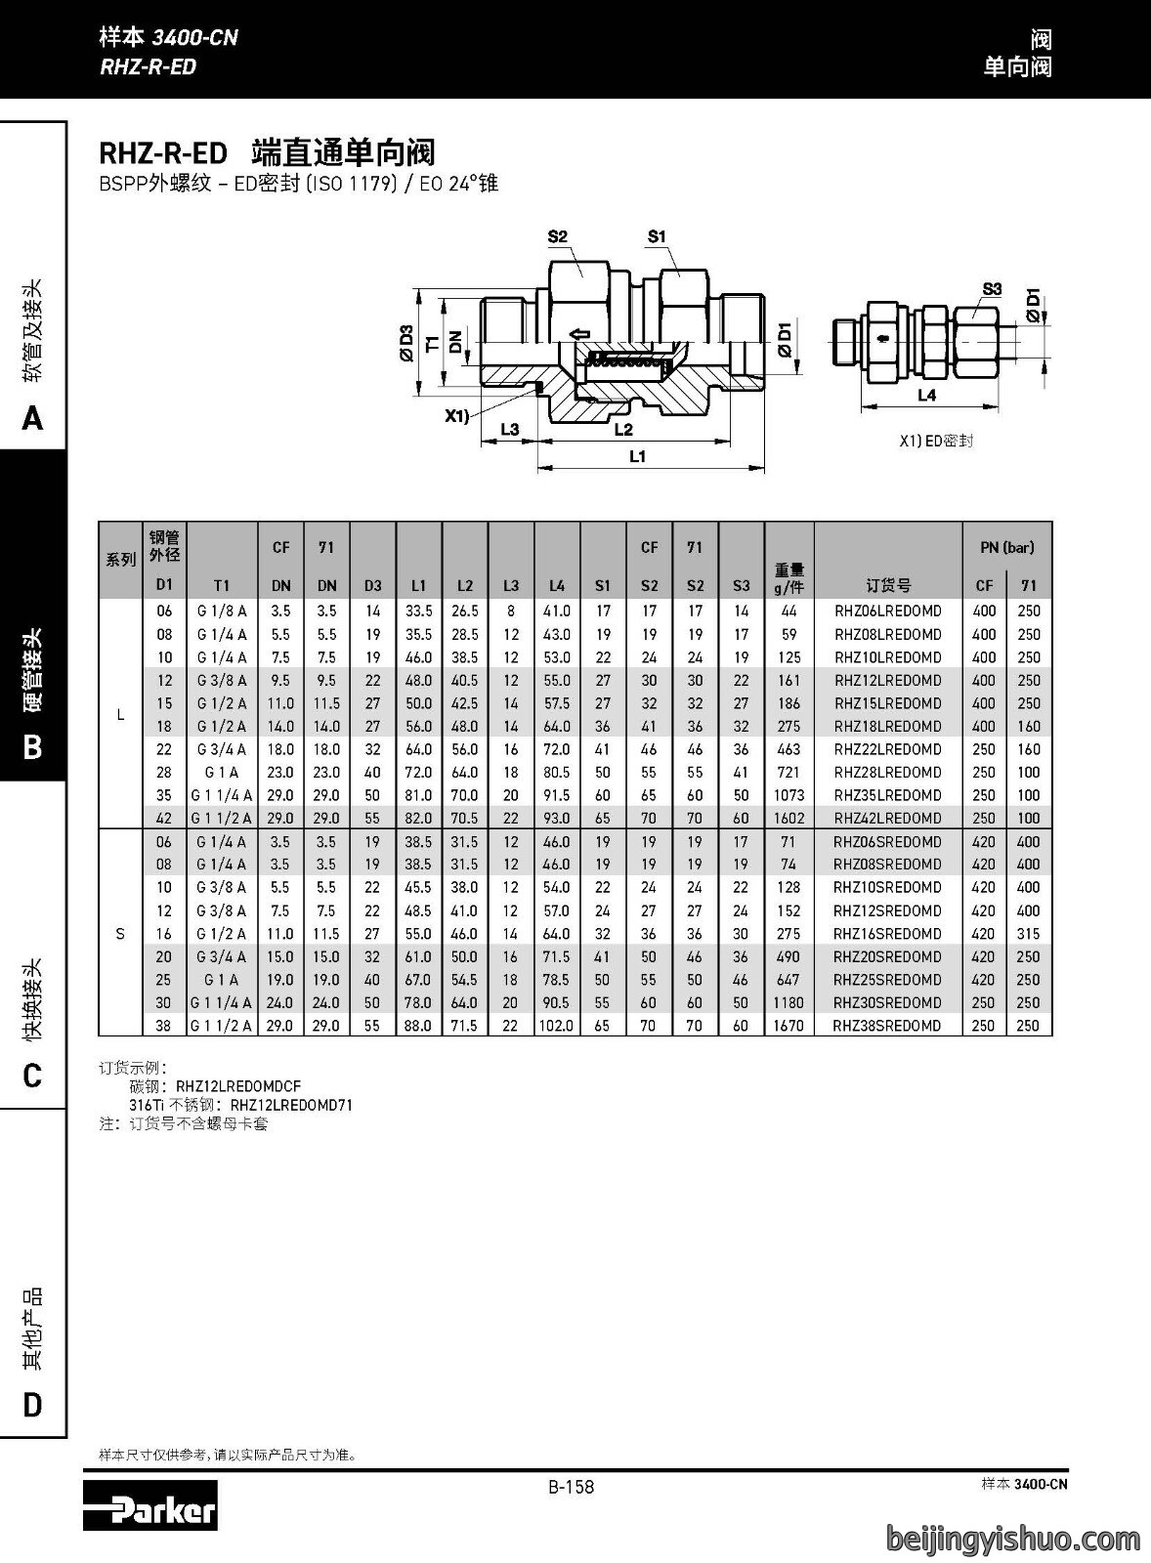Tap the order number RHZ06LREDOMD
[888, 612]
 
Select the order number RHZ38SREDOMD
[886, 1025]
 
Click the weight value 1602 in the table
[789, 818]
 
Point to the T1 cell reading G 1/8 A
[222, 612]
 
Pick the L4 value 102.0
[556, 1025]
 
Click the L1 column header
[418, 585]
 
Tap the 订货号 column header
[888, 585]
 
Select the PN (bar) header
[1007, 548]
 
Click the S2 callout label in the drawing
[558, 236]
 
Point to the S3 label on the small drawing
[992, 289]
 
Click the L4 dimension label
[926, 396]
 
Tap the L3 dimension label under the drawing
[510, 429]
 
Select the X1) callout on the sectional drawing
[457, 416]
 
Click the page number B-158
[571, 1486]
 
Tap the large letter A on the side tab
[33, 419]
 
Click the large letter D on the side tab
[33, 1405]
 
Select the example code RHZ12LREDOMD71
[292, 1105]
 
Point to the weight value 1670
[789, 1025]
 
